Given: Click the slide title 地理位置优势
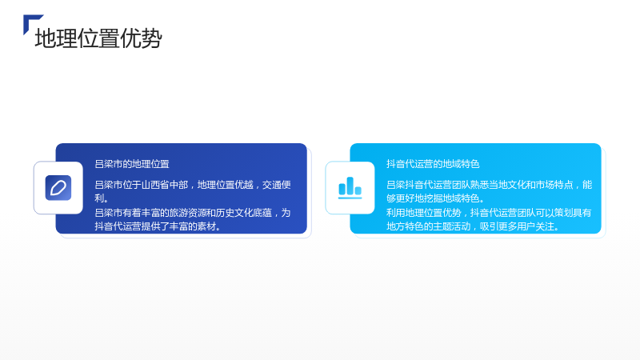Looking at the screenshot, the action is click(x=98, y=38).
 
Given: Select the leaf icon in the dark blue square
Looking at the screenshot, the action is click(x=58, y=188).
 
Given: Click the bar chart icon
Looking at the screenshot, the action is click(x=350, y=188).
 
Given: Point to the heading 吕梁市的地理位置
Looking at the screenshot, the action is click(x=132, y=164).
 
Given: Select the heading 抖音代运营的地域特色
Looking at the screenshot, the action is click(x=433, y=164).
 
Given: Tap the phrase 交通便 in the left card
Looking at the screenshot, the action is click(x=276, y=185).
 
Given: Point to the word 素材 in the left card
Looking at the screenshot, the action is click(x=206, y=226).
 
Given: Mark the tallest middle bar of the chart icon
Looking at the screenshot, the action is click(x=350, y=186).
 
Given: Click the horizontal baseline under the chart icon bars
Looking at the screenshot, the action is click(x=350, y=198).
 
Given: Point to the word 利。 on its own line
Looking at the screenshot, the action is click(x=102, y=198).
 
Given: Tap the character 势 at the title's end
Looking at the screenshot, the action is click(x=151, y=38).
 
